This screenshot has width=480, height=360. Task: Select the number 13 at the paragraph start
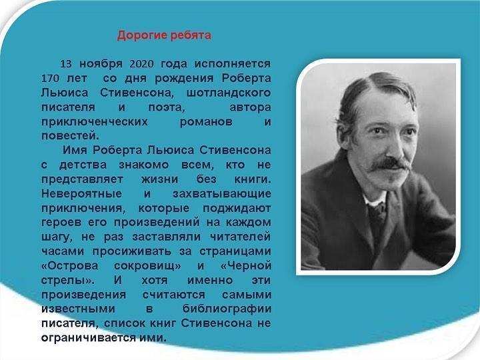pos(66,64)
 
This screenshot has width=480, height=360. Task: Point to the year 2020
pos(141,64)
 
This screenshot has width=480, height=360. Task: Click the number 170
pos(50,79)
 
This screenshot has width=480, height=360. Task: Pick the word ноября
pos(101,64)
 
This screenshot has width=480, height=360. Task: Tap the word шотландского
pos(229,93)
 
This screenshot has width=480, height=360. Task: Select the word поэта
pos(167,108)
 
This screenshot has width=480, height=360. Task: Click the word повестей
pos(71,135)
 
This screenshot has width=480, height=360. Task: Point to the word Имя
pos(75,150)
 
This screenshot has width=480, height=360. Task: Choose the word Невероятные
pos(81,194)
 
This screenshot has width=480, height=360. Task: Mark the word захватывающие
pos(222,194)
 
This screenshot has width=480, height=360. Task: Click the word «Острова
pos(70,266)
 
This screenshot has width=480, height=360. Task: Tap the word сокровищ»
pos(147,266)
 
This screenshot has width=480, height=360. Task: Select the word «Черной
pos(246,266)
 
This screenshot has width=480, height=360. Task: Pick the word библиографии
pos(227,309)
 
